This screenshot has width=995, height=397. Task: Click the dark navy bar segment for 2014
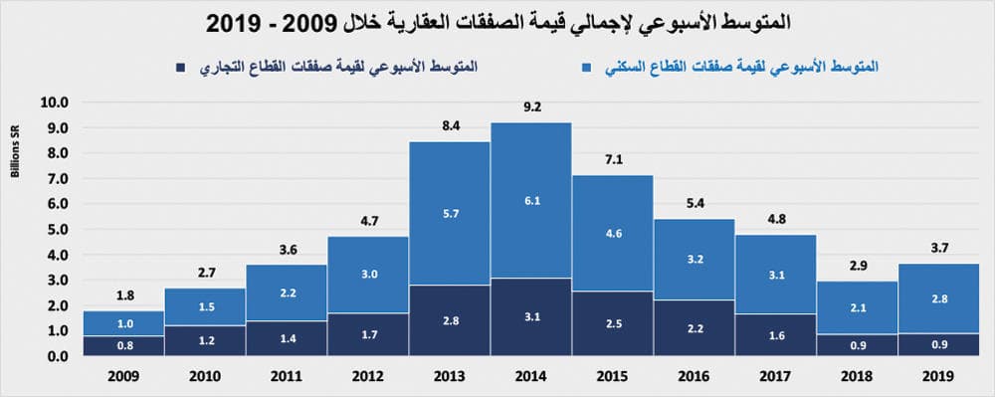pos(530,316)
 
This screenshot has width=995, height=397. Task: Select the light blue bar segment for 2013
pos(450,213)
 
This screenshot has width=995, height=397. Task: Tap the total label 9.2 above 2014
pos(531,108)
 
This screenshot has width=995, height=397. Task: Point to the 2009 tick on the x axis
pos(123,377)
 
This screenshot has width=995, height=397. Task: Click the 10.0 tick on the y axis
pos(53,102)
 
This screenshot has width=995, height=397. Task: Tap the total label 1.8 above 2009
pos(123,297)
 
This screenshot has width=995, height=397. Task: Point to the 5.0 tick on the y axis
pos(53,229)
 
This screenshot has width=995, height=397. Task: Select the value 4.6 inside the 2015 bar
pos(612,235)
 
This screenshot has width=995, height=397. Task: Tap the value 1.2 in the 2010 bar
pos(204,341)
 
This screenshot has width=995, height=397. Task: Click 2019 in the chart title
pos(249,20)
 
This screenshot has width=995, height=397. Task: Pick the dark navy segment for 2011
pos(287,338)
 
